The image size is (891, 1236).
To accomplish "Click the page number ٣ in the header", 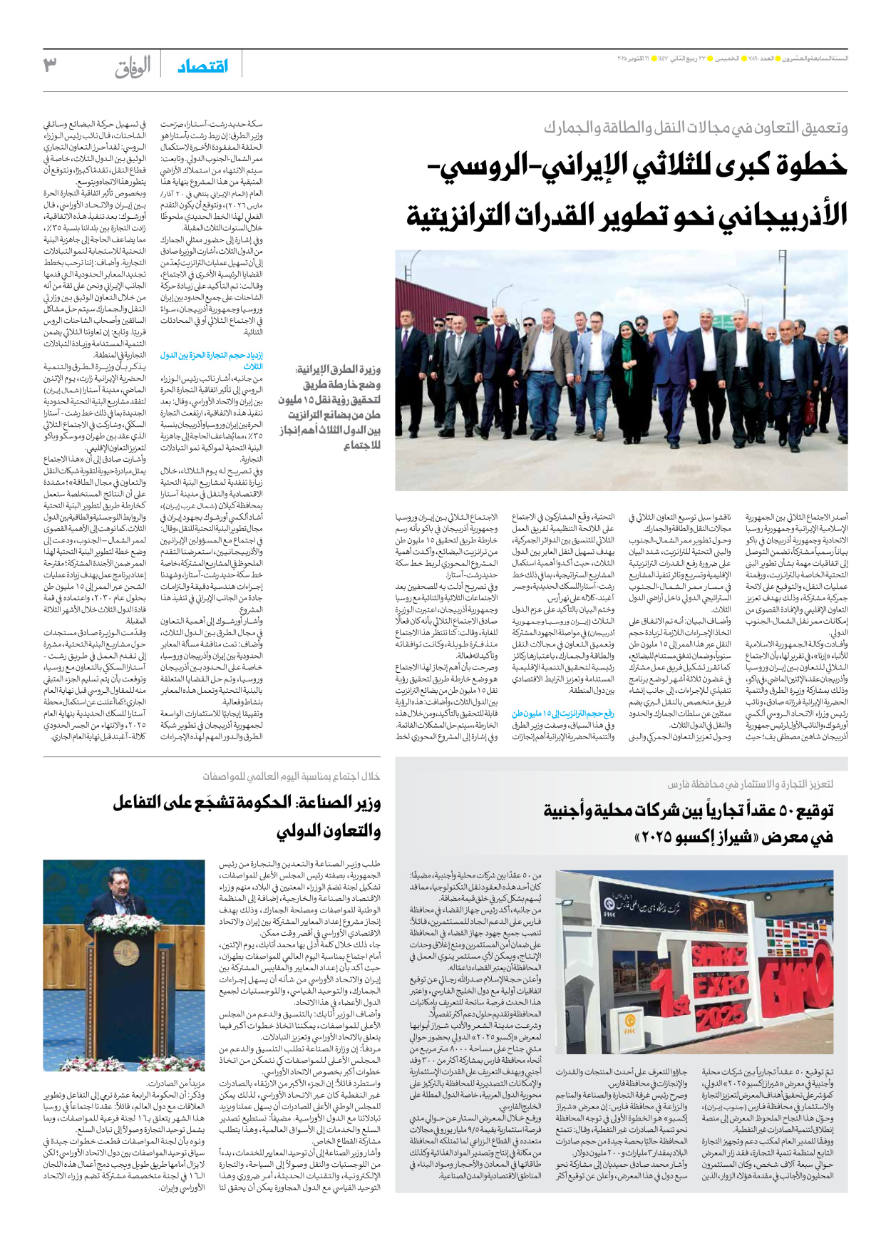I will pos(50,66).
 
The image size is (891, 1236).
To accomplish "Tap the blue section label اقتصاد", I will pos(203,66).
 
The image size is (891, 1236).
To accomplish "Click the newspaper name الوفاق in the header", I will pos(133,67).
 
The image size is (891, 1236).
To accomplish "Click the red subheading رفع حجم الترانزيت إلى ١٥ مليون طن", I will pos(563,713).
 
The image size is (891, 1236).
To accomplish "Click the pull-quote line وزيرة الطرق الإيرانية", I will pos(338,369).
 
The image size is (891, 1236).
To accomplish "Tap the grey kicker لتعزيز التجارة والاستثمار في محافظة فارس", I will pos(750,784).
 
